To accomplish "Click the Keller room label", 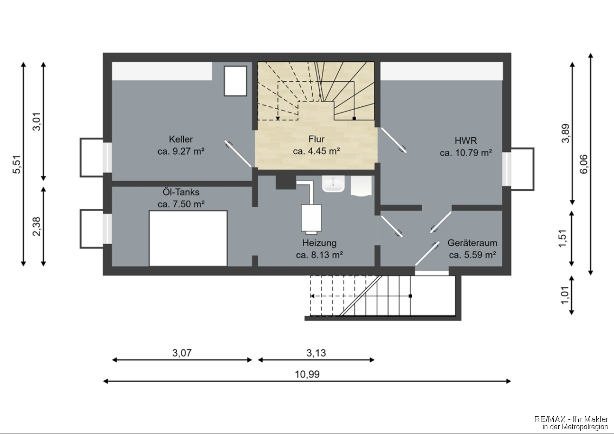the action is [181, 139].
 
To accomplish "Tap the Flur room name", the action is [316, 139].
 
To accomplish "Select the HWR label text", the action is [466, 141].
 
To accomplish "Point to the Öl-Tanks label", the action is [181, 192].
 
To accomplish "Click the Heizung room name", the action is [319, 243].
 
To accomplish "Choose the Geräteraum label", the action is [472, 243].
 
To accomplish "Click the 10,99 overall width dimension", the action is [307, 374].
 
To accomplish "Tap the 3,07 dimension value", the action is [182, 353].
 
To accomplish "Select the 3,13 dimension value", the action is [316, 353].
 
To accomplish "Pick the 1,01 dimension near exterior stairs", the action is [565, 295].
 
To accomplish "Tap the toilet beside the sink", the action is [361, 185].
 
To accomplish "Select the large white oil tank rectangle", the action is [188, 238].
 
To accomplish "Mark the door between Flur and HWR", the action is [393, 139].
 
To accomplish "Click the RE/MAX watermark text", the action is [571, 422].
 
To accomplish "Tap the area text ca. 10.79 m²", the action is [466, 153].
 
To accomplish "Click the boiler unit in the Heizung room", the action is [311, 219].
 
